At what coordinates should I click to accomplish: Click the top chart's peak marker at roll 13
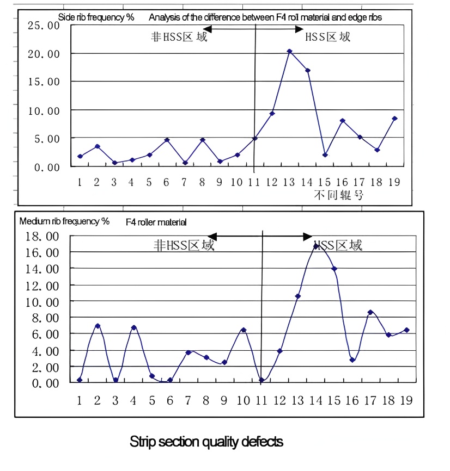pos(289,51)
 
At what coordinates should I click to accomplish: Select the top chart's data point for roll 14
pos(308,70)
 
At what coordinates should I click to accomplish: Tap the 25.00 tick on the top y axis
pos(47,26)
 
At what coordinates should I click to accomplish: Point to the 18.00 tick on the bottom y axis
pos(44,237)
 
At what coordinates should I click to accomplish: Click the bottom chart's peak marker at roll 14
pos(315,246)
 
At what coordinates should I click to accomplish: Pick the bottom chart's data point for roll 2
pos(98,326)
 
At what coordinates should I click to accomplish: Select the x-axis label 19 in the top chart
pos(394,182)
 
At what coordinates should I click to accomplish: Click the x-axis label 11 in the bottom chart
pos(261,400)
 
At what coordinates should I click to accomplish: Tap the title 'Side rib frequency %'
pos(96,17)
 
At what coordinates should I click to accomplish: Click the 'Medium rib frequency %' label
pos(64,221)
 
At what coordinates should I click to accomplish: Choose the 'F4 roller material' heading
pos(156,222)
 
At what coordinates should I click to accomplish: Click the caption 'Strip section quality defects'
pos(206,442)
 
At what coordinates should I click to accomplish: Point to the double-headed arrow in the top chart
pos(253,28)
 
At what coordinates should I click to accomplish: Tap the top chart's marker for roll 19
pos(394,119)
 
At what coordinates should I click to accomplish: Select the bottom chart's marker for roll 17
pos(370,312)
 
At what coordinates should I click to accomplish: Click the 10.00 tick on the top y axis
pos(47,110)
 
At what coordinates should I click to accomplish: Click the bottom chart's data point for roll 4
pos(133,327)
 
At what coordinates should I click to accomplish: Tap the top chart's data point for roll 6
pos(167,140)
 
